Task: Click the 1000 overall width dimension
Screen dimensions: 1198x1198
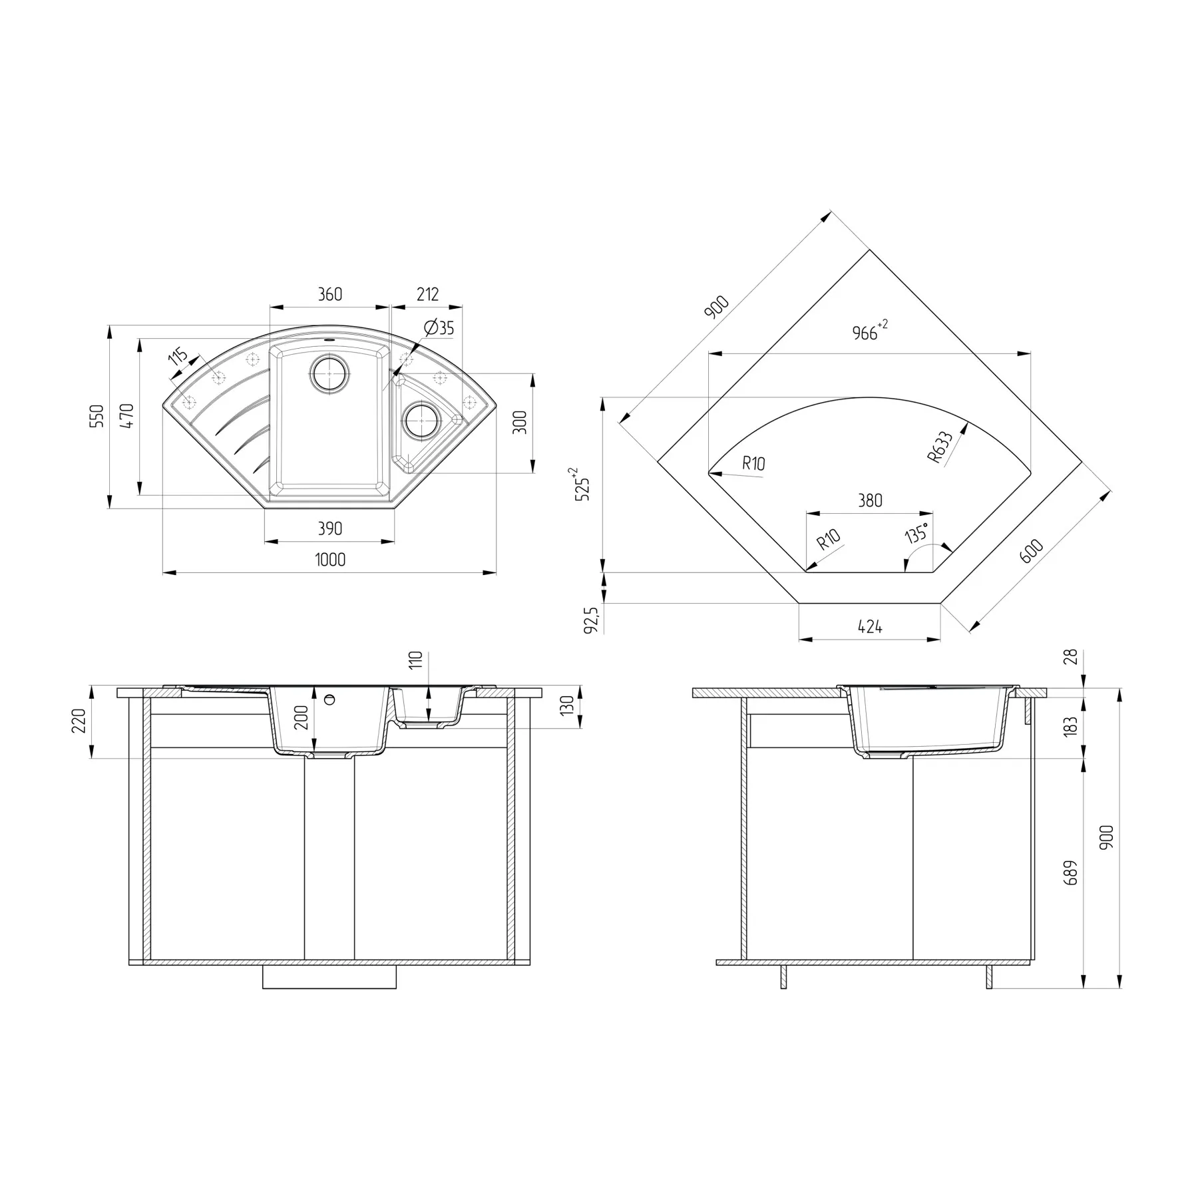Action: click(x=330, y=560)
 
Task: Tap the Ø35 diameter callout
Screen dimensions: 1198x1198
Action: click(x=439, y=327)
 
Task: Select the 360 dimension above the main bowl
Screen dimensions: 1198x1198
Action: click(x=329, y=294)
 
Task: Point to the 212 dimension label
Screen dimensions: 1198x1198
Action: click(x=427, y=294)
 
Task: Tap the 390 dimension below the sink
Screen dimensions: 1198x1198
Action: click(x=329, y=528)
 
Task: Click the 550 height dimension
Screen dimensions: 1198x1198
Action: click(x=97, y=416)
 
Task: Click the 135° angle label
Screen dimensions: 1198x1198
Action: click(x=916, y=533)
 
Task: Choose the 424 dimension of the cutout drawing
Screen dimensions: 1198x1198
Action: click(x=870, y=626)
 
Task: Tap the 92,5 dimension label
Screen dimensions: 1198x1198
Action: click(x=591, y=619)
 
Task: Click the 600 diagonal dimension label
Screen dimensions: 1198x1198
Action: click(x=1031, y=550)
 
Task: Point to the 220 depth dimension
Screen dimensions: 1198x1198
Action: click(x=79, y=721)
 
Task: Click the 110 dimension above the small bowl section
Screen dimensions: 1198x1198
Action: click(x=416, y=660)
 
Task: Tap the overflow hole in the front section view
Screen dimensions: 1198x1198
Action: click(x=329, y=699)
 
